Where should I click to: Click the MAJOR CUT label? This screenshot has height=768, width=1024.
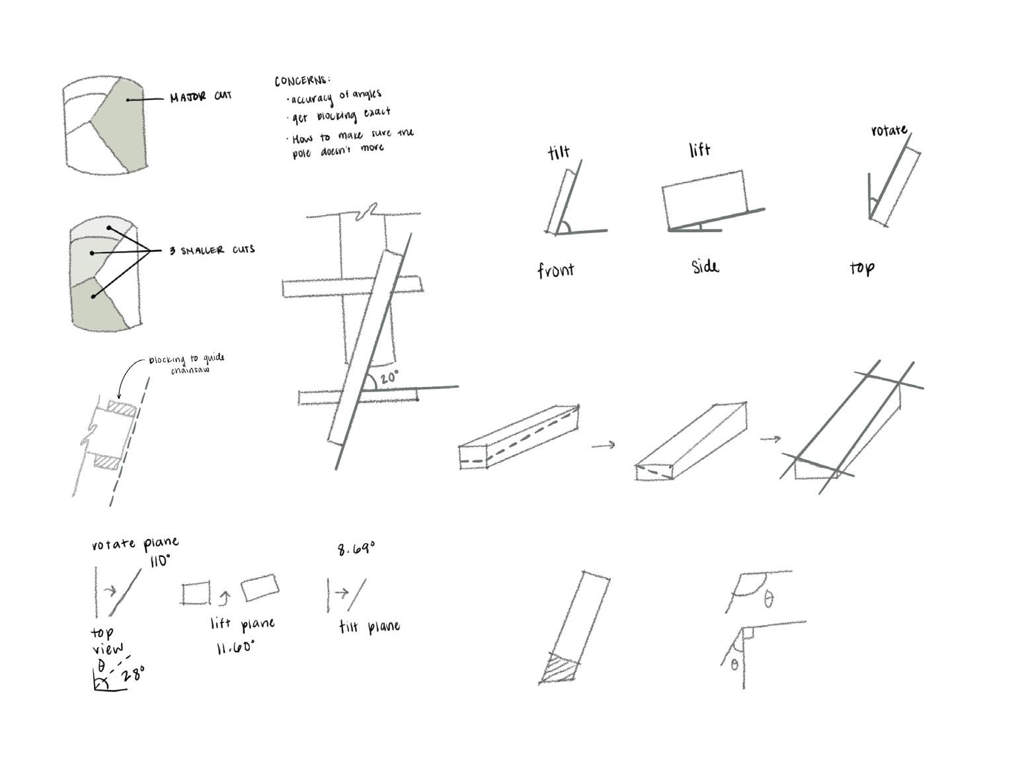coord(200,97)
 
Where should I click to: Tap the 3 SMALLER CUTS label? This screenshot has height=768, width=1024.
coord(212,250)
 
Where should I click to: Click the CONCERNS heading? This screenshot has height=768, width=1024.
coord(301,81)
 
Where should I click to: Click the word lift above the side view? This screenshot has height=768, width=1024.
coord(699,150)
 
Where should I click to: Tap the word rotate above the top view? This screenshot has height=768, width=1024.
coord(888,130)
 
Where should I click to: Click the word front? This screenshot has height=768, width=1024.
coord(555,269)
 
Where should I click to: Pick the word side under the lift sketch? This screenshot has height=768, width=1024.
coord(705,267)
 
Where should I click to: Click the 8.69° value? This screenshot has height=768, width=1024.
coord(356,548)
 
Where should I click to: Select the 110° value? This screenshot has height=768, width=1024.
coord(159,561)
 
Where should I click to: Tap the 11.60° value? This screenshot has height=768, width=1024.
coord(235,647)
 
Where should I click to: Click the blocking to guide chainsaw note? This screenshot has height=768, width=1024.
coord(186,364)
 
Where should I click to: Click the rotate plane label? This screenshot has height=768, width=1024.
coord(135,544)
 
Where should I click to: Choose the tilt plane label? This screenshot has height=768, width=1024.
coord(369,626)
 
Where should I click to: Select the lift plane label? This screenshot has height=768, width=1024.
coord(242,624)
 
